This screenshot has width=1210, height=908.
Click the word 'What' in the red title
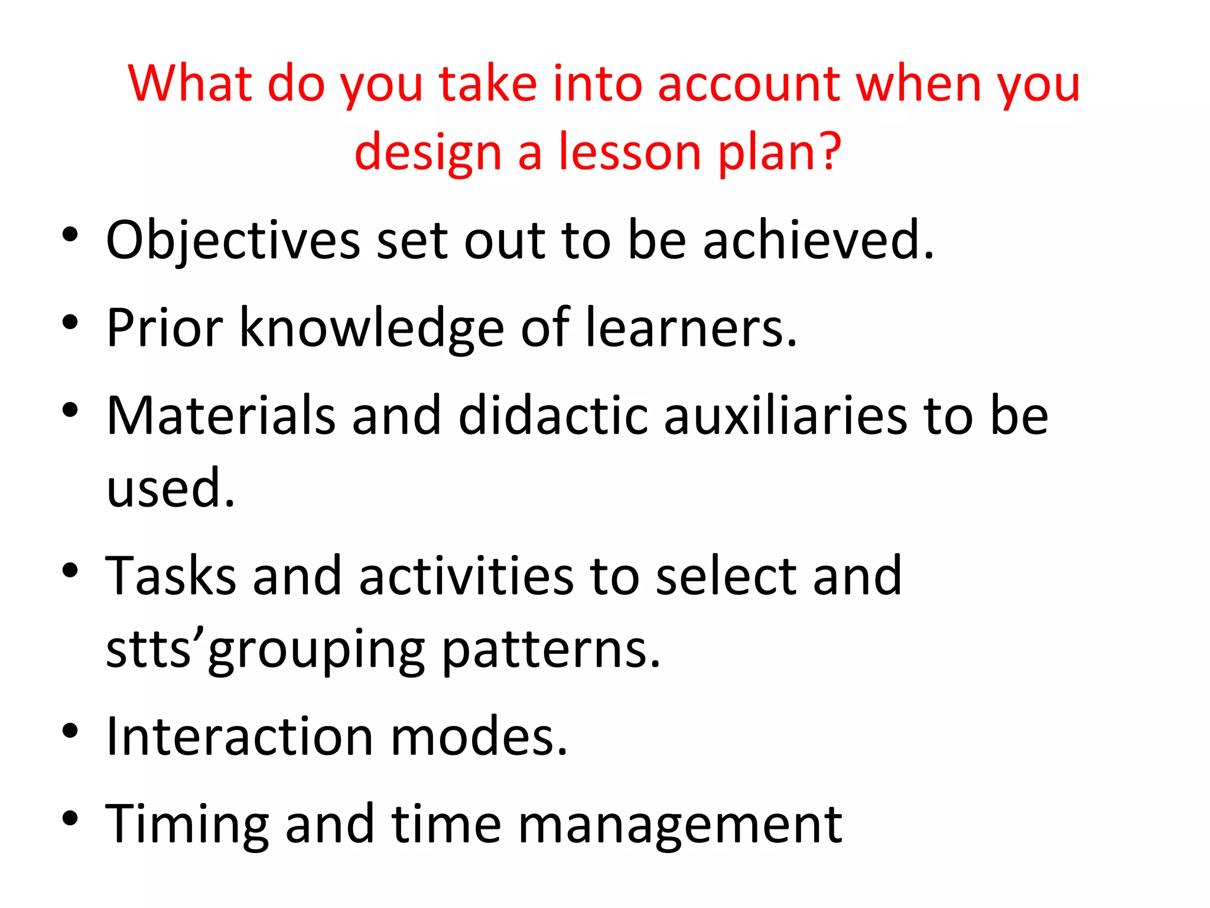click(190, 84)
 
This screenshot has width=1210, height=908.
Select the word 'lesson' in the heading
click(630, 153)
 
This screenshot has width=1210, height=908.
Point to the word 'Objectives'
click(233, 241)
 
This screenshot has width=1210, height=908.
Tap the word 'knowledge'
click(372, 329)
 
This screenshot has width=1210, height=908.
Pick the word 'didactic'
click(553, 416)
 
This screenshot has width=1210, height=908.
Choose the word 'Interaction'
click(239, 737)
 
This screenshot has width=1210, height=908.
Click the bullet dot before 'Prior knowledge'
click(70, 323)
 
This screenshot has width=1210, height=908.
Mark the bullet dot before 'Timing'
click(70, 819)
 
